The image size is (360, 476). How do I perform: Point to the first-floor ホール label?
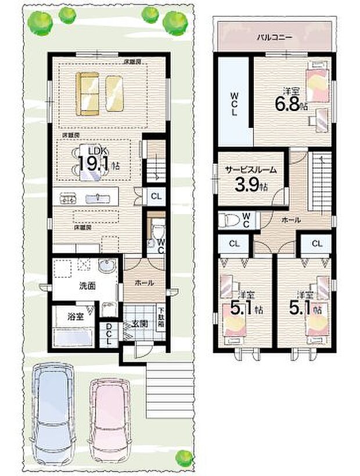(144, 283)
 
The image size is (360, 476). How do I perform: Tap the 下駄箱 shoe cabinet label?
(161, 318)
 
